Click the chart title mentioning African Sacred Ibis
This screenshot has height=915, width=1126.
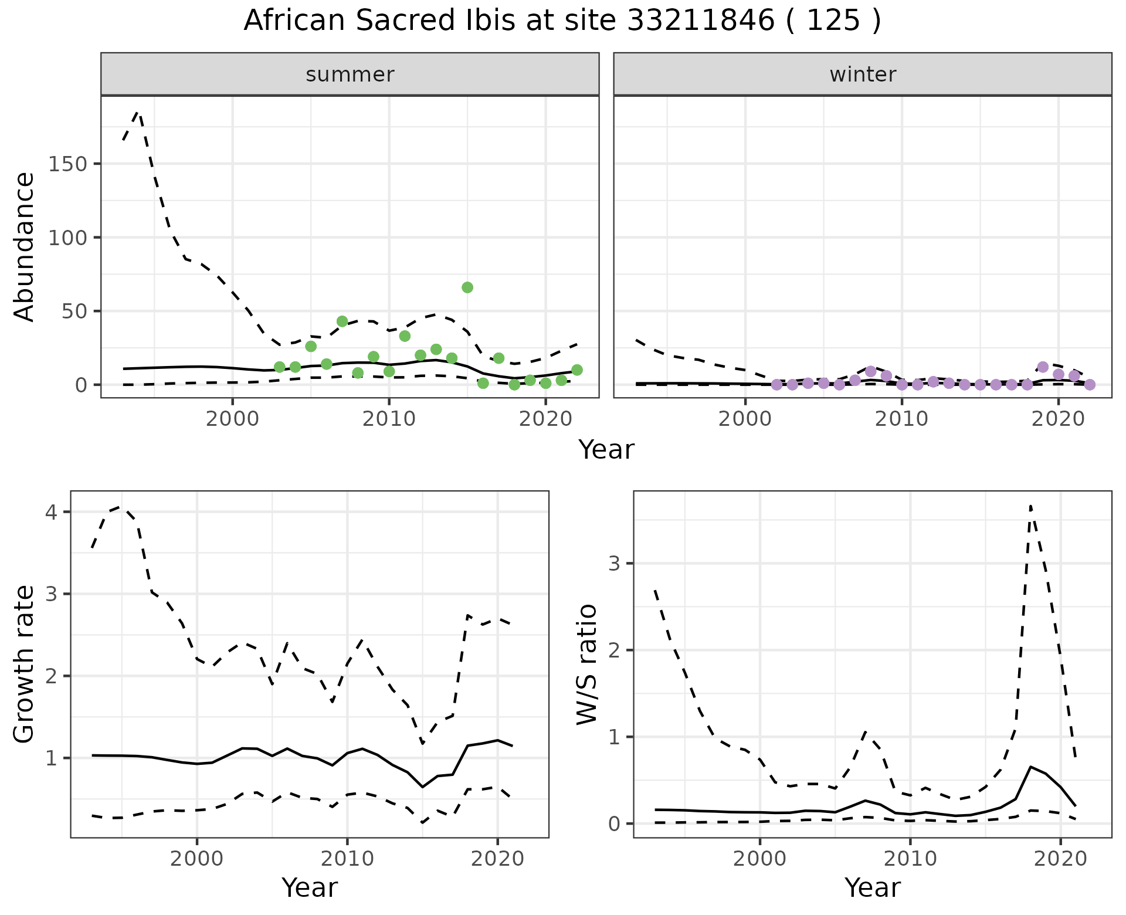click(x=562, y=21)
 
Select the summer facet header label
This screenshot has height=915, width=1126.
click(x=350, y=74)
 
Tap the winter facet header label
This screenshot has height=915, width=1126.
click(x=862, y=74)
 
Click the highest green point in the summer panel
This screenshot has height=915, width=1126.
click(x=467, y=287)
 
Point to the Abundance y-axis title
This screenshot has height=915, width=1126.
click(x=25, y=246)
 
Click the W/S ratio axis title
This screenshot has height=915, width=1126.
click(x=587, y=664)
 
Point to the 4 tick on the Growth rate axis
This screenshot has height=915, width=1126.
click(x=52, y=512)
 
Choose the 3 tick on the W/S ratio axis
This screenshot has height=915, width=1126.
click(x=613, y=564)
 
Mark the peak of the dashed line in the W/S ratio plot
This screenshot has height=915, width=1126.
click(x=1030, y=506)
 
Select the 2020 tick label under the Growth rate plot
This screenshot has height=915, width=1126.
click(x=497, y=859)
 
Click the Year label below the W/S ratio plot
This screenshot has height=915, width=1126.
click(x=872, y=888)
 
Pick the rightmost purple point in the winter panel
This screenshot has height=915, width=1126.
click(x=1090, y=385)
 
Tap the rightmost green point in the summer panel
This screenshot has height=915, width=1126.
click(x=577, y=370)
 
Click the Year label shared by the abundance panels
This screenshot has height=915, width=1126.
click(x=606, y=450)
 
